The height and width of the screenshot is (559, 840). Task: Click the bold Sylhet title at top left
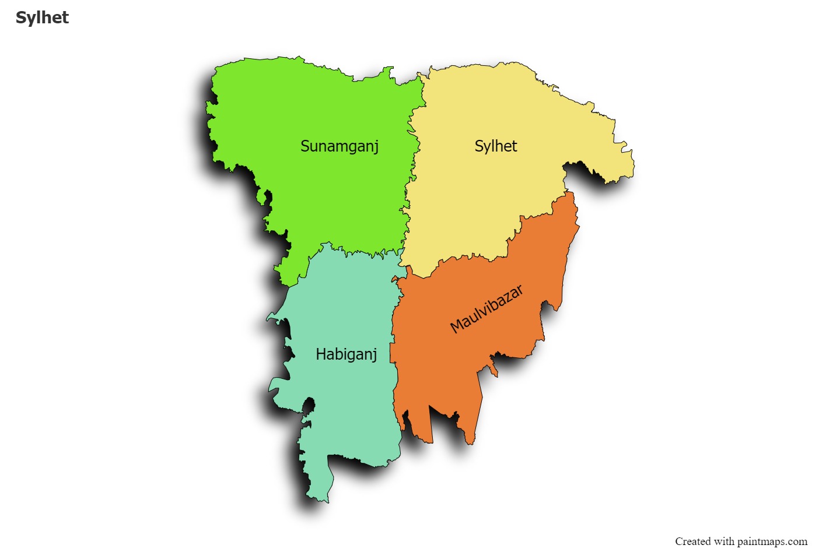coord(42,18)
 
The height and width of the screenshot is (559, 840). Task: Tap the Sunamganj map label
coord(339,146)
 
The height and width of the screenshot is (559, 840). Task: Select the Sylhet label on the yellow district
coord(496,146)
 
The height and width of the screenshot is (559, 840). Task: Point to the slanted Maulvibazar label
coord(487,309)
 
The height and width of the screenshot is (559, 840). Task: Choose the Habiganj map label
coord(346,354)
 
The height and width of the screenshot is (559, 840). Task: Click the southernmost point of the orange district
coord(471,444)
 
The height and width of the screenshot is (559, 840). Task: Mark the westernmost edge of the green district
coord(207,108)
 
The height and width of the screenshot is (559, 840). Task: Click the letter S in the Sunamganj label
coord(305,146)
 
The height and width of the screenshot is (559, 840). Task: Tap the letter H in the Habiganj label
coord(320,354)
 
